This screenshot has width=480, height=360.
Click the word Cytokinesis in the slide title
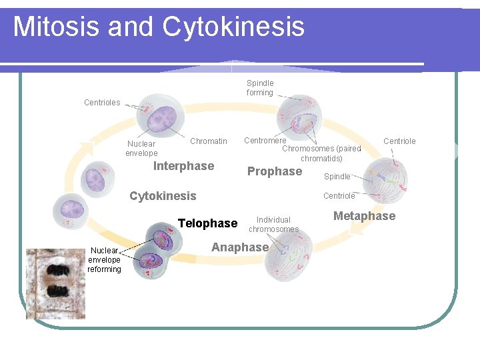coord(233,27)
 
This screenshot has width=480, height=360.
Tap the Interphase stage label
coord(183,166)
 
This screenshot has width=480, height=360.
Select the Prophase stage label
coord(274,171)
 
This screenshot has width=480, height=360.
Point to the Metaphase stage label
coord(364,216)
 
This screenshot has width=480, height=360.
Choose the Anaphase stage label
coord(239,247)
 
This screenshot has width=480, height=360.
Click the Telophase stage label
coord(207,223)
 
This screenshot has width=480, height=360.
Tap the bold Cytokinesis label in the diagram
coord(163,196)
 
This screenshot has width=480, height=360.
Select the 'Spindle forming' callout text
coord(260,88)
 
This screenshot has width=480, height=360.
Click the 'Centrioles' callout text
coord(102,103)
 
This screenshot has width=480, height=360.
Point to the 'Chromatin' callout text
coord(209,141)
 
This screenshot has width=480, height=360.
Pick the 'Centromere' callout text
coord(265,141)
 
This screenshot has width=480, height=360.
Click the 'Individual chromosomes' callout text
coord(273,225)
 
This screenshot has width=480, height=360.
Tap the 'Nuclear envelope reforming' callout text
coord(105,260)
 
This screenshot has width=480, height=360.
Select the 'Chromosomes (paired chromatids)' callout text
coord(321,153)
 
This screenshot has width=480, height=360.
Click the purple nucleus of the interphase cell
coord(160,119)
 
